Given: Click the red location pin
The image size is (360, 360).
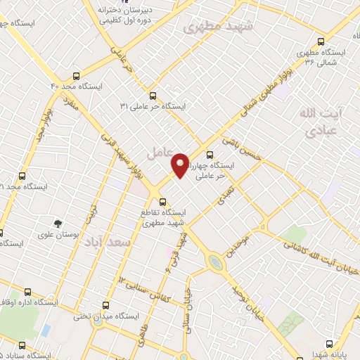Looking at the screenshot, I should pyautogui.click(x=180, y=165).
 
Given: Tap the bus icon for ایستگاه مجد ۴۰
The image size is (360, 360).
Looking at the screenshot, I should pyautogui.click(x=77, y=76).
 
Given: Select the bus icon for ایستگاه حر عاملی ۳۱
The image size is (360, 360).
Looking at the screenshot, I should pyautogui.click(x=153, y=96).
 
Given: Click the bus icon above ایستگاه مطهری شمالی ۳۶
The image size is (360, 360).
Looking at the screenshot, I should pyautogui.click(x=321, y=41).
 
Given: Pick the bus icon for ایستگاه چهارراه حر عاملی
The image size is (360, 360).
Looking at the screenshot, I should pyautogui.click(x=210, y=155).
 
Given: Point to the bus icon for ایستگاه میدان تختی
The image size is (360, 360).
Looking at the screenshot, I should pyautogui.click(x=105, y=305).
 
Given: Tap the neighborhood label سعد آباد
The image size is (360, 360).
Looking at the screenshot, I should pyautogui.click(x=108, y=242).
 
